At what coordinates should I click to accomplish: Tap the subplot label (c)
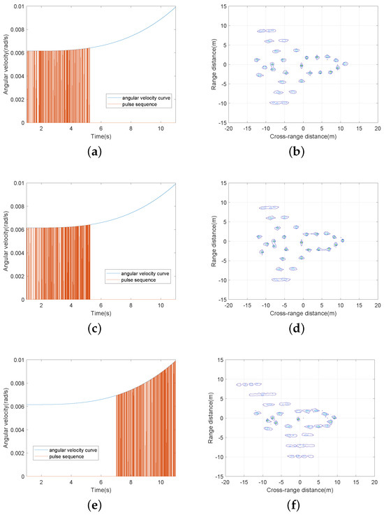coord(101,328)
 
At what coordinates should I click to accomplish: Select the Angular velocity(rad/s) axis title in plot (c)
coord(6,241)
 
